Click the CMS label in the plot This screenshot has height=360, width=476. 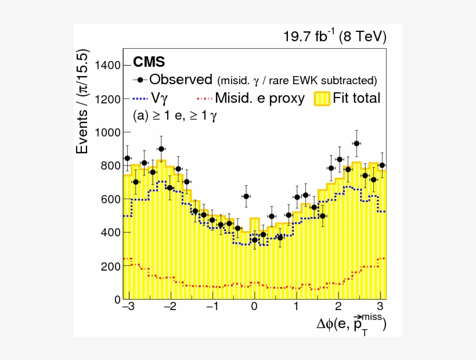pos(149,62)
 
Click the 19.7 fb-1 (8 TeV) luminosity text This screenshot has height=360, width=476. pos(334,37)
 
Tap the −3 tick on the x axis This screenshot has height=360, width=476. pos(128,307)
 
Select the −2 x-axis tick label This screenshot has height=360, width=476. pos(170,307)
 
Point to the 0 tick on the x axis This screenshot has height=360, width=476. pos(254,307)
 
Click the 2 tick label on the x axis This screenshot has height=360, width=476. pos(338,307)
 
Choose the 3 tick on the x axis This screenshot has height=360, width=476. pos(380,307)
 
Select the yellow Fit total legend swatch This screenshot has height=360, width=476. pos(322,98)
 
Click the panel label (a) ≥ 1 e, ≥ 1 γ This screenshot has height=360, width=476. pos(175,116)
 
